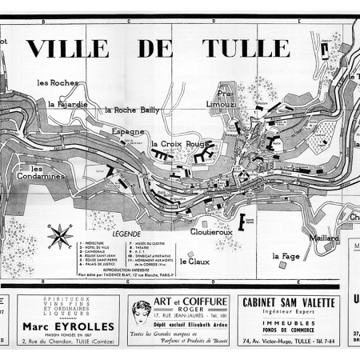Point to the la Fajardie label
(x=68, y=102)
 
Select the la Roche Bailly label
(x=131, y=110)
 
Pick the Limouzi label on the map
(x=220, y=105)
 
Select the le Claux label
(x=194, y=261)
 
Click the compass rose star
(x=58, y=237)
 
